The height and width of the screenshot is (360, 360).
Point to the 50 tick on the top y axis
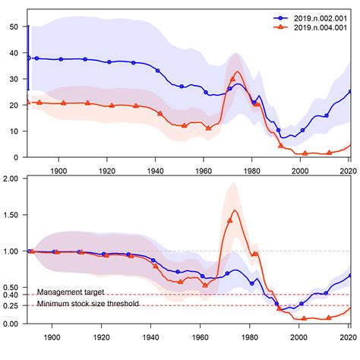click(x=14, y=27)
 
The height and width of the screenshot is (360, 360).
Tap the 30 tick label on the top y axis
click(x=14, y=79)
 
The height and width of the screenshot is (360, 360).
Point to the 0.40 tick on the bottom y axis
click(x=11, y=295)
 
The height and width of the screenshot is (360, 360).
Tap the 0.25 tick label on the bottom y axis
click(x=11, y=306)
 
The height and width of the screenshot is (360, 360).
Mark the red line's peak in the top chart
click(x=238, y=72)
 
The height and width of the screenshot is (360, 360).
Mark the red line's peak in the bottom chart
click(x=234, y=210)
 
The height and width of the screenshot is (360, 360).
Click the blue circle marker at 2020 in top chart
click(x=350, y=91)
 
